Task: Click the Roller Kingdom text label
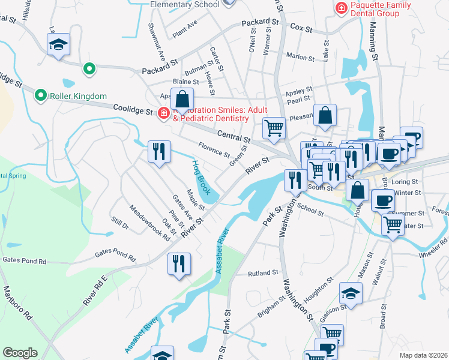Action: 78,96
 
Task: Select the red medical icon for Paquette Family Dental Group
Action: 341,8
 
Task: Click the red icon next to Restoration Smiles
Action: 163,113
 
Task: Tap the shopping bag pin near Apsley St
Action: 182,98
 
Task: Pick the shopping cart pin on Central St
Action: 274,128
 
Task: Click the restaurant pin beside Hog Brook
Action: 159,151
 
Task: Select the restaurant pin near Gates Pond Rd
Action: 179,263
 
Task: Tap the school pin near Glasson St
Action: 351,293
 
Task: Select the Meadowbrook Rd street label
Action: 150,221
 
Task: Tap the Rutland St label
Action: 263,272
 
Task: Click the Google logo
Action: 20,353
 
